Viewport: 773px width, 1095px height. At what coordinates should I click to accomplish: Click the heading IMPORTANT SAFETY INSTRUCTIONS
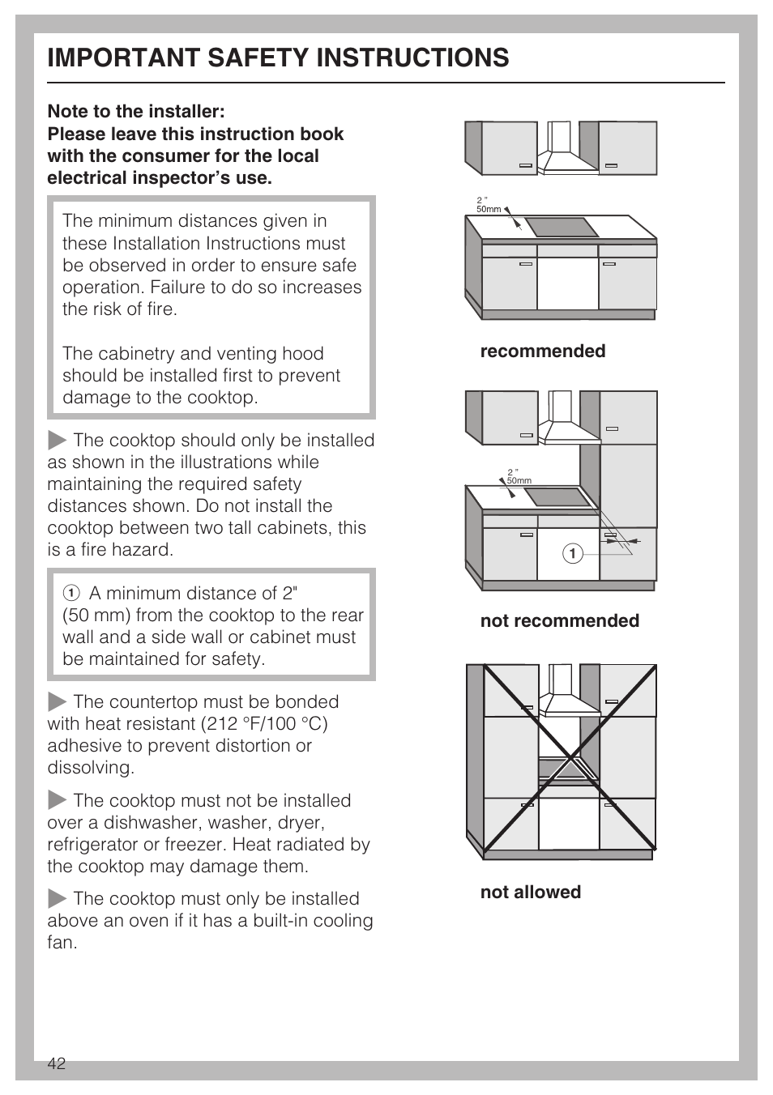[278, 58]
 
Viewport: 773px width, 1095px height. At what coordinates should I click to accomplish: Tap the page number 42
[56, 1064]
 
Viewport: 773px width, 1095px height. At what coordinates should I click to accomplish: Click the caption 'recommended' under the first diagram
[542, 351]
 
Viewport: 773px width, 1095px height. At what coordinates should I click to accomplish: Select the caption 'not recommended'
[559, 620]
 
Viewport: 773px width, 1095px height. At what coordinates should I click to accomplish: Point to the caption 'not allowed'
[530, 892]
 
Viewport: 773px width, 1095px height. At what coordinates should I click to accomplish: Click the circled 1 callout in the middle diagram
[572, 553]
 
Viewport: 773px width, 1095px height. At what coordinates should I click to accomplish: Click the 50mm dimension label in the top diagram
[489, 209]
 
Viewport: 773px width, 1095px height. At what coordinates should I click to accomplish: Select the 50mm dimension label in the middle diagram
[519, 480]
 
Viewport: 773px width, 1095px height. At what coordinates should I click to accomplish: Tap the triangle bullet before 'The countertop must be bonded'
[57, 701]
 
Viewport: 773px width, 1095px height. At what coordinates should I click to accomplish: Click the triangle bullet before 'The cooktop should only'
[57, 440]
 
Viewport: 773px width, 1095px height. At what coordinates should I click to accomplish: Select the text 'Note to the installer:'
[136, 111]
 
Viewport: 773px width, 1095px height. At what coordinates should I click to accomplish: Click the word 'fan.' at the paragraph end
[62, 943]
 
